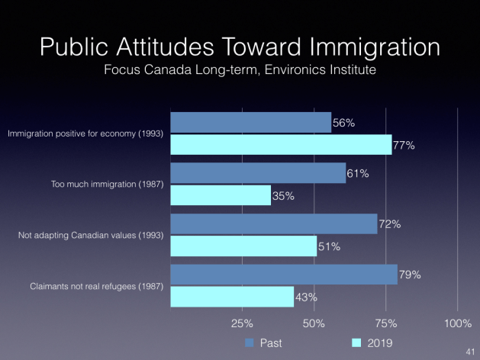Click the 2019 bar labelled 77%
tap(281, 145)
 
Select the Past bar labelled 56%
tap(250, 123)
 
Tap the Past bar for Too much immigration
tap(258, 173)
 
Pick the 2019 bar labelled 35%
tap(220, 195)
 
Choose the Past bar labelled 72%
tap(273, 223)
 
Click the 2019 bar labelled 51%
tap(243, 246)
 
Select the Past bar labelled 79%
tap(283, 274)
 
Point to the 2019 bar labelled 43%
tap(231, 296)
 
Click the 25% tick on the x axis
tap(242, 323)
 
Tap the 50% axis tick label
tap(314, 323)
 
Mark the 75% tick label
tap(385, 323)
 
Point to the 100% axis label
tap(457, 323)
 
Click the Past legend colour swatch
tap(249, 343)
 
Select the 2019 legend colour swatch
tap(356, 343)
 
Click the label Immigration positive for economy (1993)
tap(84, 134)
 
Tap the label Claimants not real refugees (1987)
tap(87, 285)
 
